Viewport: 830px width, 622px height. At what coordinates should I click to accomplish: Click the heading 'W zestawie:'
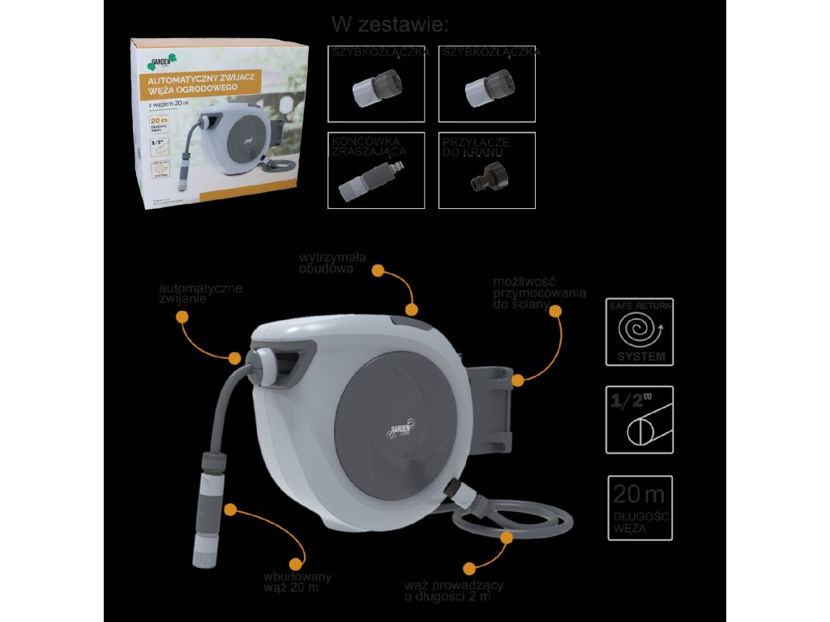tap(389, 24)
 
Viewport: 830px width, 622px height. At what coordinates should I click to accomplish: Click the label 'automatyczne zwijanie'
tap(200, 293)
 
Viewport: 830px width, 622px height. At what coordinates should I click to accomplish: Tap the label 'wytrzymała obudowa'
tap(332, 262)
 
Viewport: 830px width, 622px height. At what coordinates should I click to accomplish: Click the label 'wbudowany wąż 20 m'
tap(297, 582)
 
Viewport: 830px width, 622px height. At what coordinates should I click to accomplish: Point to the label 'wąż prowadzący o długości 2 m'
tap(454, 590)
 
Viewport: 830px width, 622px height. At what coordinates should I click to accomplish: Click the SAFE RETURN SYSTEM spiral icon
tap(640, 331)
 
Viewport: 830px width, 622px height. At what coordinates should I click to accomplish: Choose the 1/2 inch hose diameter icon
tap(640, 419)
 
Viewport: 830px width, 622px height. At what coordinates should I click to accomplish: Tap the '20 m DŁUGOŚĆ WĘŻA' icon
tap(640, 507)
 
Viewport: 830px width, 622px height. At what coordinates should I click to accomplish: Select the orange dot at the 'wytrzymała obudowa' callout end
tap(412, 309)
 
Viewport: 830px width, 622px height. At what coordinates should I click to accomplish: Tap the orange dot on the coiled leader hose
tap(507, 536)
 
